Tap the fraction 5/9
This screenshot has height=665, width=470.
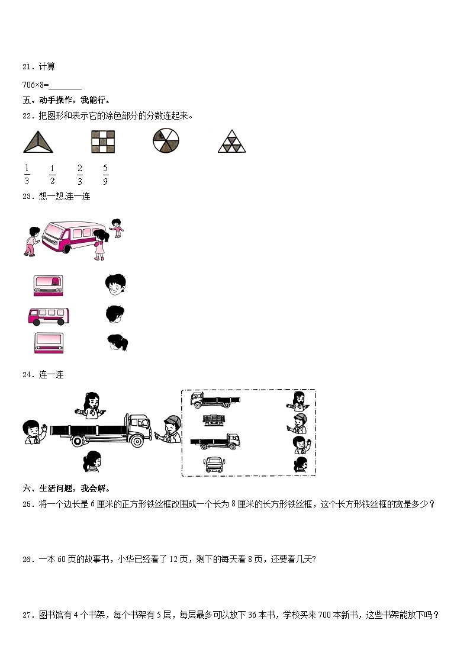pyautogui.click(x=105, y=175)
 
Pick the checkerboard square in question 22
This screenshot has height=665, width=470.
pyautogui.click(x=102, y=142)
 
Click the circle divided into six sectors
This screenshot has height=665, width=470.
pyautogui.click(x=166, y=141)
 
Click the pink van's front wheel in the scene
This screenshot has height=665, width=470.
pyautogui.click(x=66, y=247)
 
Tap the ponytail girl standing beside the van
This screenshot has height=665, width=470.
pyautogui.click(x=99, y=245)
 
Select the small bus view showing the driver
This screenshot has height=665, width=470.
pyautogui.click(x=48, y=285)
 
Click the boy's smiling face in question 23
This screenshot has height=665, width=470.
pyautogui.click(x=115, y=284)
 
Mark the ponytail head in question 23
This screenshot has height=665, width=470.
pyautogui.click(x=117, y=343)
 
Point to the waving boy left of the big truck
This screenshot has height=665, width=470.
pyautogui.click(x=33, y=432)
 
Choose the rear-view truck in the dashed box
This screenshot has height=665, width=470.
pyautogui.click(x=214, y=420)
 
